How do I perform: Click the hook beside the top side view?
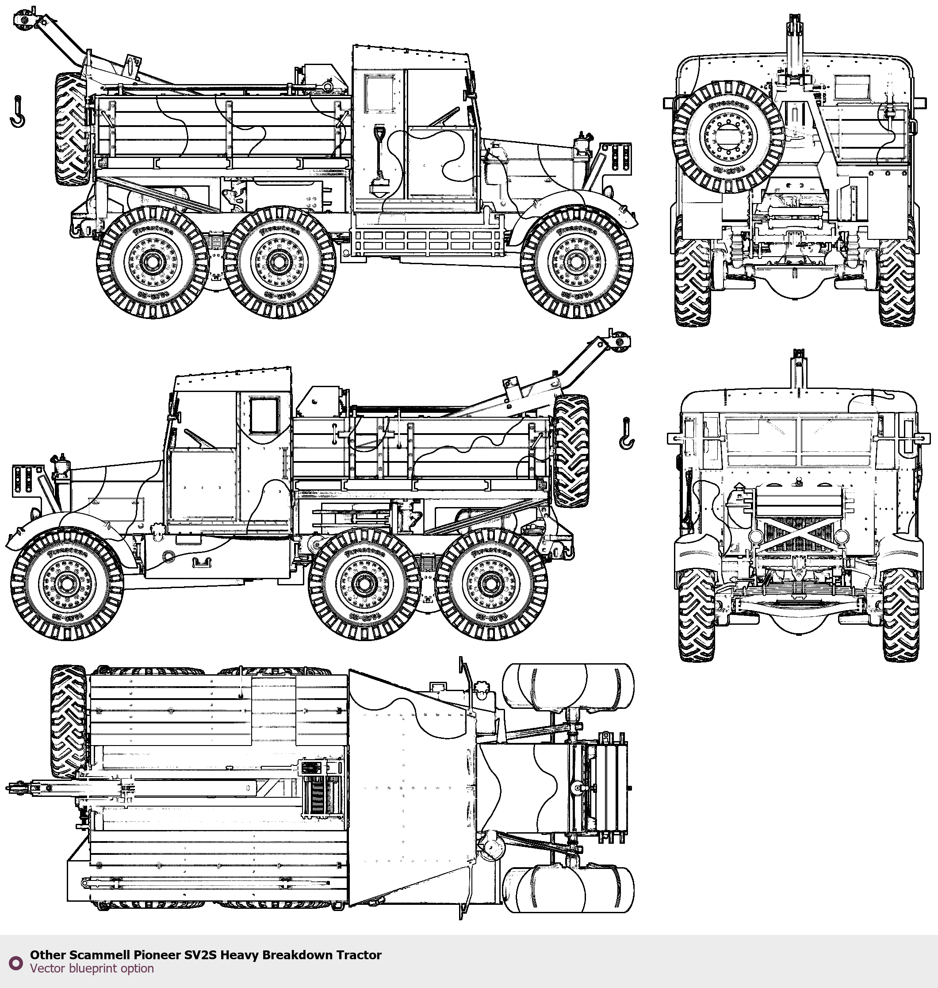coord(18,112)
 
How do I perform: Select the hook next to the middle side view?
coord(626,434)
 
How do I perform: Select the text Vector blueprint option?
coord(92,969)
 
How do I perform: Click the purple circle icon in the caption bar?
coord(16,962)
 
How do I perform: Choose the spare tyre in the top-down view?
coord(69,721)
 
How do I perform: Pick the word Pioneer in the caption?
coord(157,955)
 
